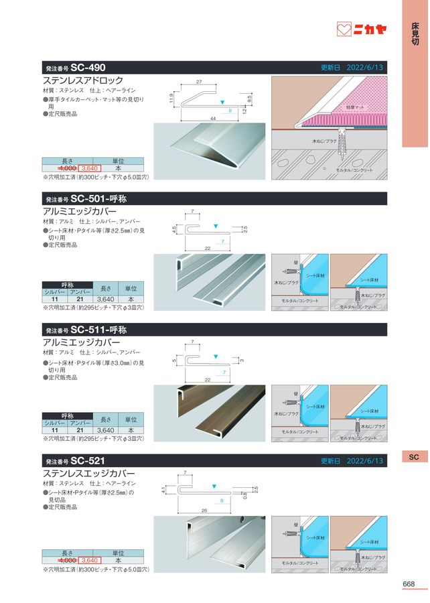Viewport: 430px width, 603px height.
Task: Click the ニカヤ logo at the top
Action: (x=361, y=30)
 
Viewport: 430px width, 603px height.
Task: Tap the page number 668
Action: (x=409, y=584)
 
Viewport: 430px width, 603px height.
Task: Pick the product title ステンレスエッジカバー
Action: (x=88, y=473)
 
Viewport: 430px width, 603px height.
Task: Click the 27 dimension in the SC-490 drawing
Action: (x=199, y=82)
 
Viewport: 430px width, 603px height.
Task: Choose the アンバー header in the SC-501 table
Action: (x=80, y=291)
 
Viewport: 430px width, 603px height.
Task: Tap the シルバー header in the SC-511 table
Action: (x=55, y=423)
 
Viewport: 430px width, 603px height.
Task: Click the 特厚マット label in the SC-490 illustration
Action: (x=356, y=108)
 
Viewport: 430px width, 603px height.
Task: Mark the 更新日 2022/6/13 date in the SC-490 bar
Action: (x=352, y=68)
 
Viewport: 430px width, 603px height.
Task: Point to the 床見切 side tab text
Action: (x=415, y=34)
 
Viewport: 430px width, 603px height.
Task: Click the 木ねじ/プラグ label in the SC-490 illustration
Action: (x=324, y=143)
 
